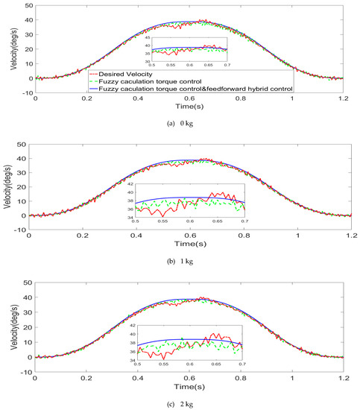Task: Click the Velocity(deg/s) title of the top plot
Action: coord(9,45)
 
